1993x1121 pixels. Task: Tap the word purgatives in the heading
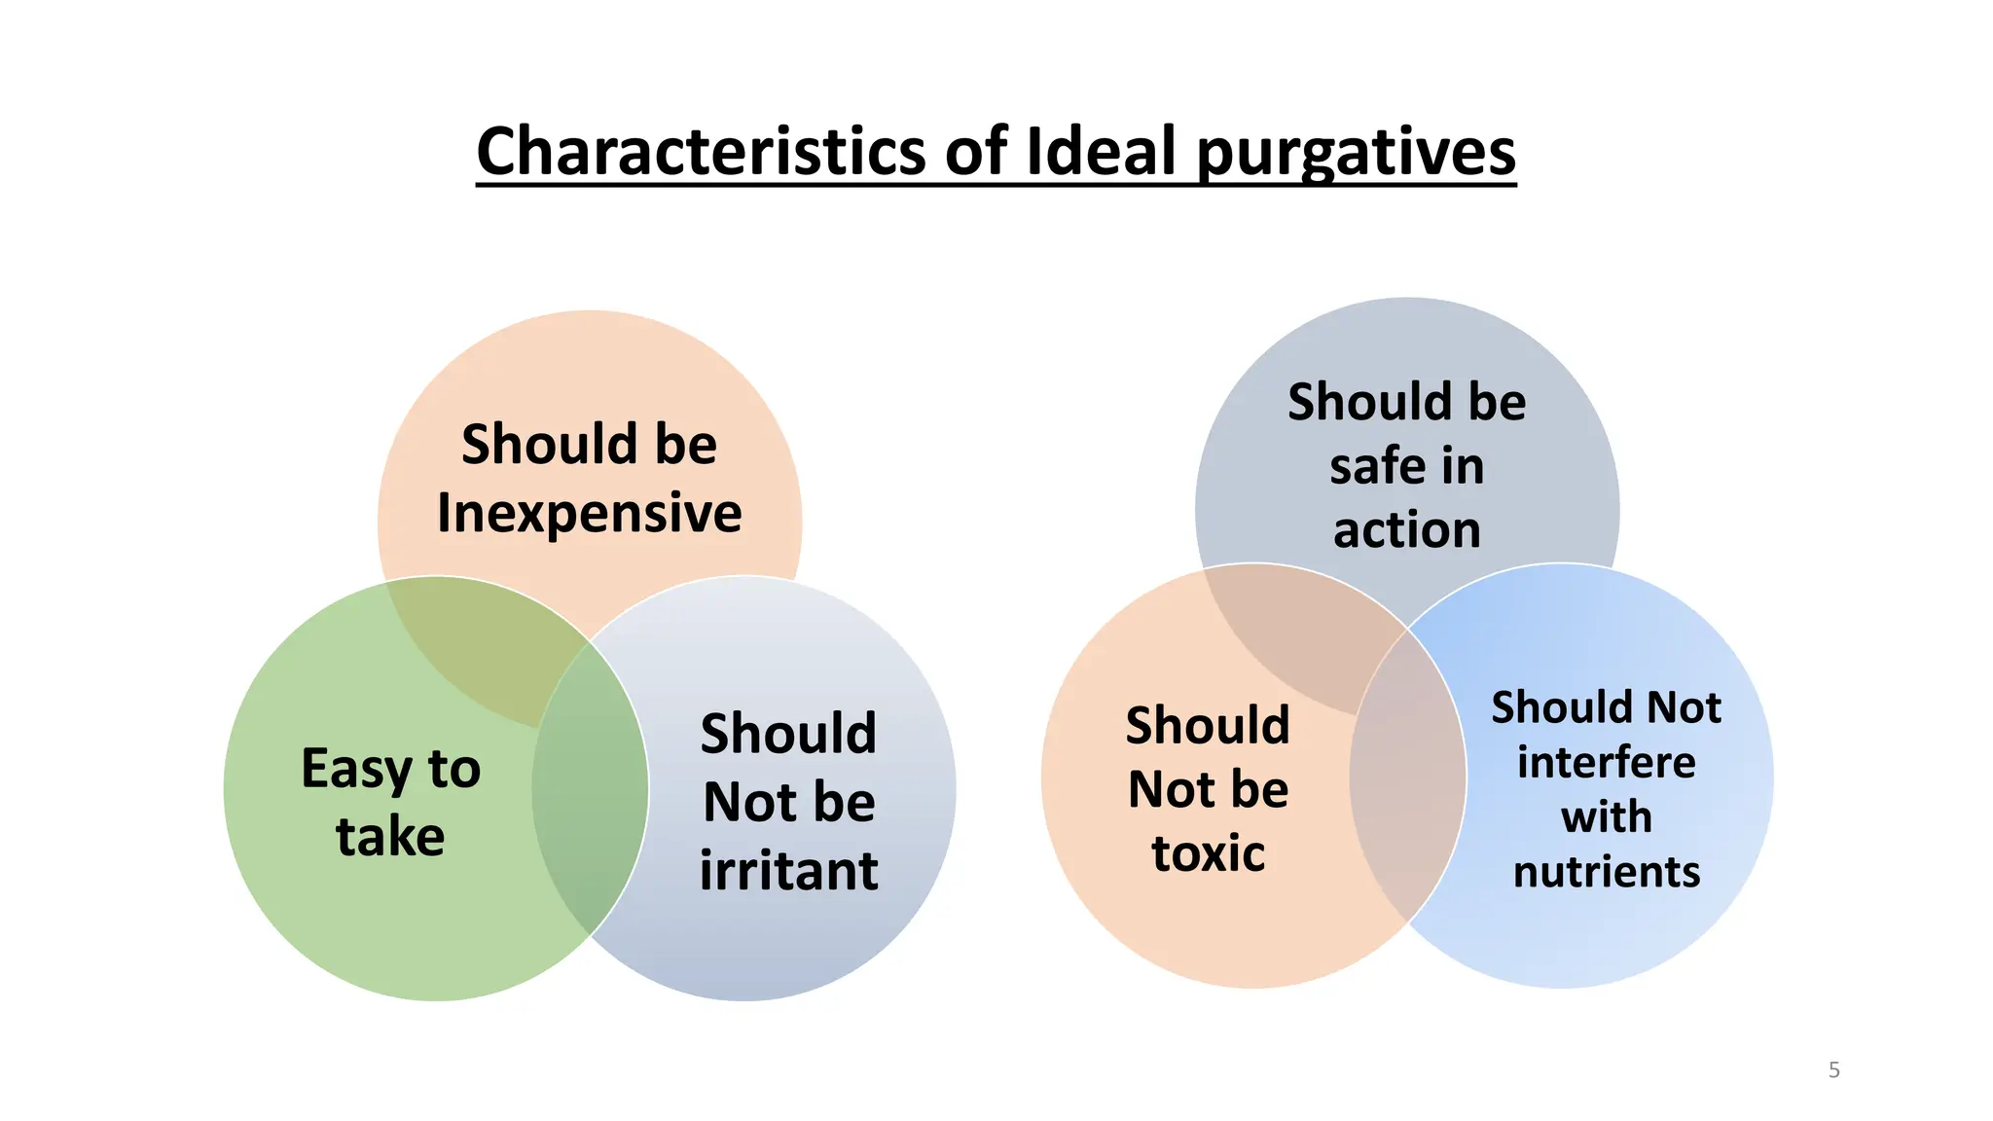[x=1355, y=154]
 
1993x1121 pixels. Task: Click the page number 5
[x=1833, y=1070]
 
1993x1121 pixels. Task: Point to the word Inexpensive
[x=589, y=513]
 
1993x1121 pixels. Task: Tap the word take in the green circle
[x=390, y=836]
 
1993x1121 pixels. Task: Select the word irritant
[x=788, y=870]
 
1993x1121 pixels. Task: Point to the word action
[x=1406, y=530]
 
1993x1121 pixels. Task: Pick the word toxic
[x=1208, y=853]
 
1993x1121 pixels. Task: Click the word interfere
[x=1606, y=762]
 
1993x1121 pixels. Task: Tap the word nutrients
[x=1606, y=871]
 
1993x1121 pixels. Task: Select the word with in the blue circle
[x=1606, y=816]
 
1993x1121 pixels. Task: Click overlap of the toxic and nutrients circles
[x=1407, y=778]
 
